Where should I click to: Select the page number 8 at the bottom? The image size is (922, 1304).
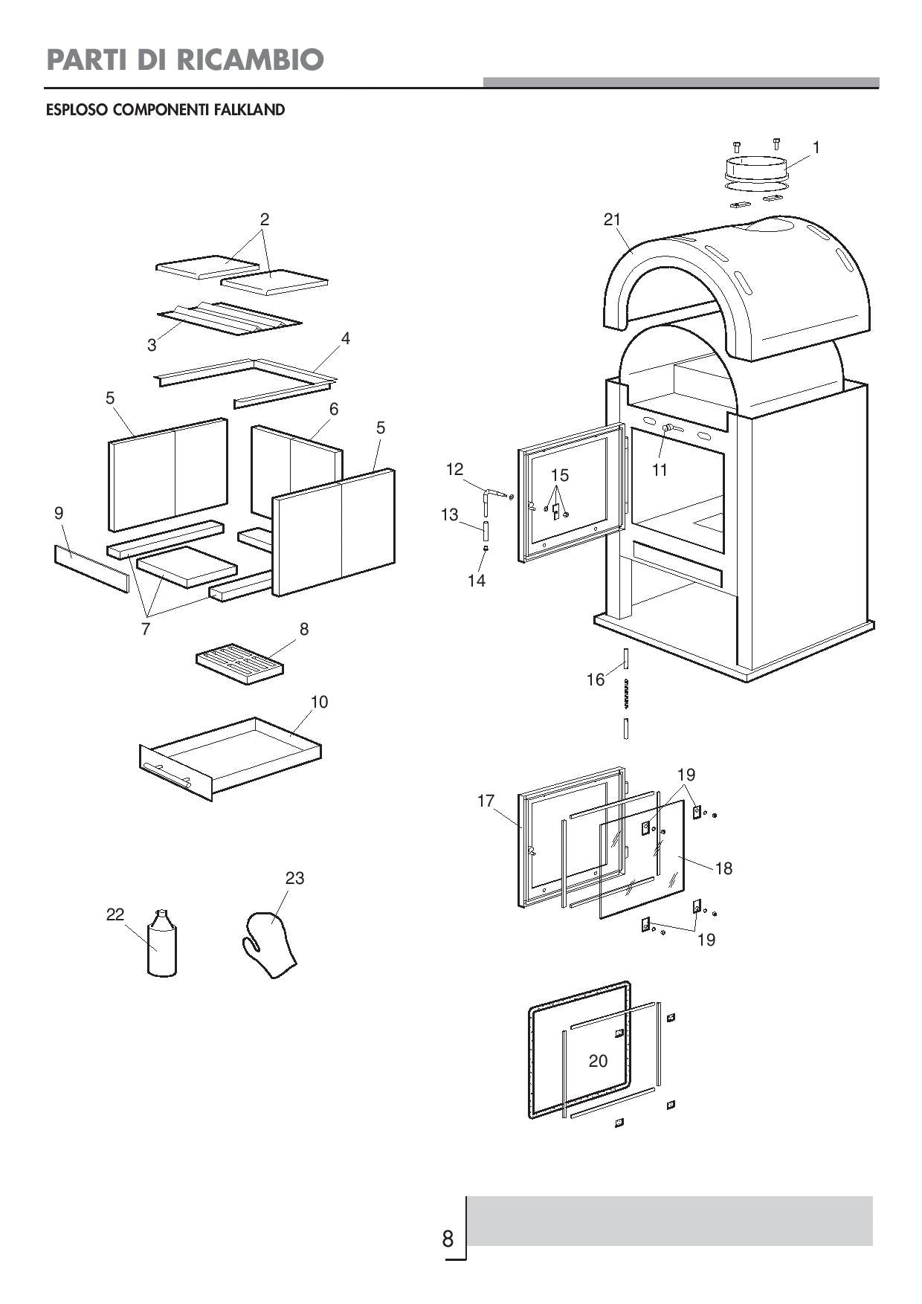pyautogui.click(x=448, y=1239)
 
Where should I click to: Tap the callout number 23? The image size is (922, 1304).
pyautogui.click(x=294, y=878)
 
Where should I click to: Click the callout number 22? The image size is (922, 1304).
pyautogui.click(x=115, y=914)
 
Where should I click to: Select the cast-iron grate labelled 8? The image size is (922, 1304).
pyautogui.click(x=239, y=663)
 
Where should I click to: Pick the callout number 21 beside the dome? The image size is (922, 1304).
pyautogui.click(x=612, y=219)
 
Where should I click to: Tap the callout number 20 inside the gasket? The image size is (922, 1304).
pyautogui.click(x=598, y=1061)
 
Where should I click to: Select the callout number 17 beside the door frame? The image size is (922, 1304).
pyautogui.click(x=486, y=801)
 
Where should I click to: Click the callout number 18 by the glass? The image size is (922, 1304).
pyautogui.click(x=723, y=868)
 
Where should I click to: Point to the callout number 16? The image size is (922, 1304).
pyautogui.click(x=596, y=680)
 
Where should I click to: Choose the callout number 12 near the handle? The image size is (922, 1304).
pyautogui.click(x=454, y=469)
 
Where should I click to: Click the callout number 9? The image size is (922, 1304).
pyautogui.click(x=59, y=512)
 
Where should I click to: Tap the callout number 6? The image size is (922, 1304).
pyautogui.click(x=334, y=408)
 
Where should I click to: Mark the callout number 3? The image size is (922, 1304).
pyautogui.click(x=152, y=345)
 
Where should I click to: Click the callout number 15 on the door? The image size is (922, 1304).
pyautogui.click(x=559, y=474)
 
